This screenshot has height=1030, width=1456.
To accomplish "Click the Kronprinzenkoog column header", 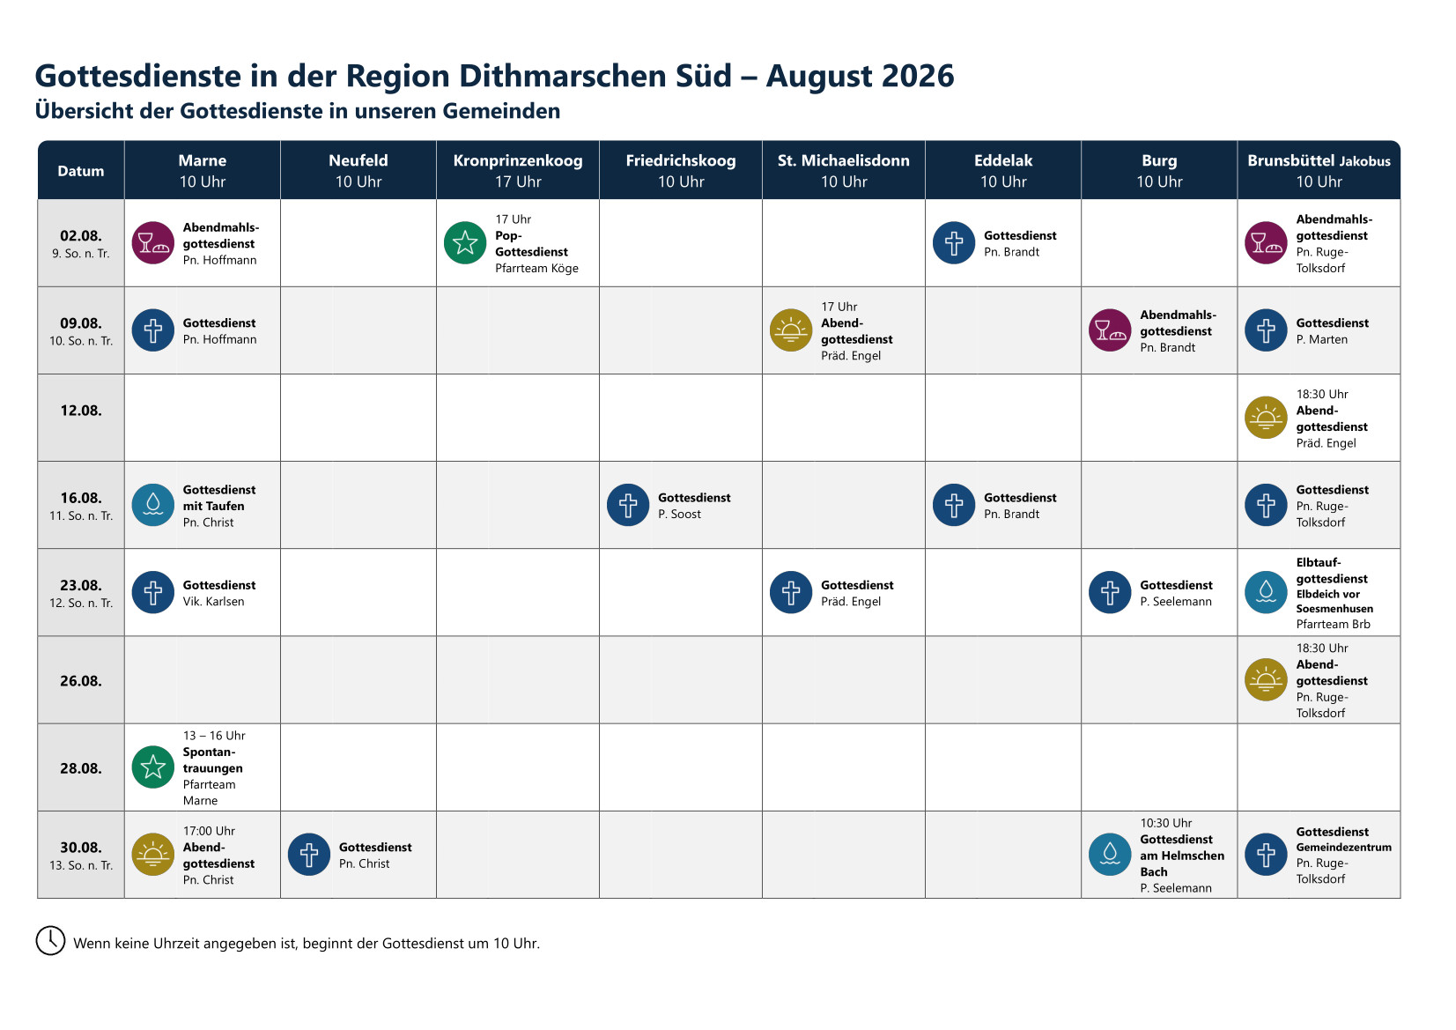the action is pyautogui.click(x=517, y=170).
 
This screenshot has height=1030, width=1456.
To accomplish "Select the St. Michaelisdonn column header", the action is pyautogui.click(x=844, y=170).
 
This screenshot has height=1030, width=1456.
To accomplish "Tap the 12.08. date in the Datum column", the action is pyautogui.click(x=81, y=411).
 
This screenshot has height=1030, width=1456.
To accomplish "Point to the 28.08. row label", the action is pyautogui.click(x=81, y=768).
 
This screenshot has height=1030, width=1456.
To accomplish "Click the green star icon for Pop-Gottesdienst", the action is pyautogui.click(x=465, y=242).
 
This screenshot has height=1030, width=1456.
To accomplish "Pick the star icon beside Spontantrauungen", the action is pyautogui.click(x=152, y=767).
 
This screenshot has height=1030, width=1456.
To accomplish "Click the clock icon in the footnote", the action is pyautogui.click(x=50, y=941).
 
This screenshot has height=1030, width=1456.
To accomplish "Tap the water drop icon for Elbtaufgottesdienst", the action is pyautogui.click(x=1266, y=592).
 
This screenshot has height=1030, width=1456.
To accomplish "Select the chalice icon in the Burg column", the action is pyautogui.click(x=1110, y=330).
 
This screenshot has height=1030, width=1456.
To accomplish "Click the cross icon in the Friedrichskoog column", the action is pyautogui.click(x=628, y=505).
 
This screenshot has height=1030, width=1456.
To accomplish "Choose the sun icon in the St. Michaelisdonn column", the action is pyautogui.click(x=790, y=330).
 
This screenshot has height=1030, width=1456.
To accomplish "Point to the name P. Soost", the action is pyautogui.click(x=679, y=514).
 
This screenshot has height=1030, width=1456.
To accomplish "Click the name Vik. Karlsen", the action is pyautogui.click(x=213, y=602).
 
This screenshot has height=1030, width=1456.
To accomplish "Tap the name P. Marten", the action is pyautogui.click(x=1321, y=339).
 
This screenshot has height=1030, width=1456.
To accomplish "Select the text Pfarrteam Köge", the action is pyautogui.click(x=536, y=268).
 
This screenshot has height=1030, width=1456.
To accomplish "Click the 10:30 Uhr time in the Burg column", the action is pyautogui.click(x=1165, y=823).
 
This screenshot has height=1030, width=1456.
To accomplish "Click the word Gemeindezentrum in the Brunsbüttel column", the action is pyautogui.click(x=1343, y=848).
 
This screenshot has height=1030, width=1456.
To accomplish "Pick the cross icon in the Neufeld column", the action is pyautogui.click(x=309, y=855).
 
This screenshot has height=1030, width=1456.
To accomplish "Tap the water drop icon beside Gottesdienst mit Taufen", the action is pyautogui.click(x=152, y=505).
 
